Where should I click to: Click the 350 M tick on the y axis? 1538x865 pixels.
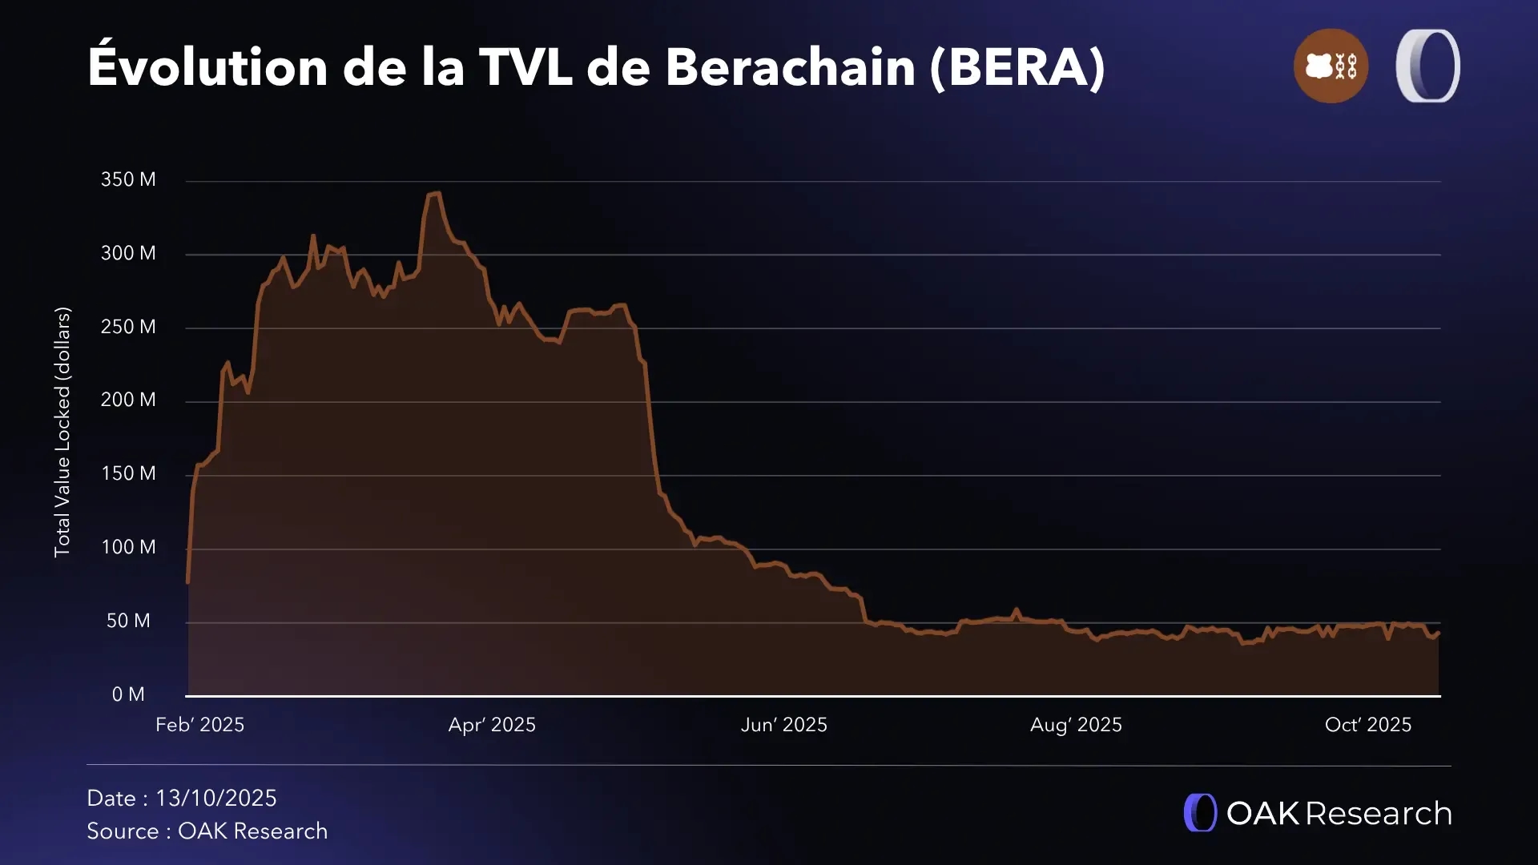pyautogui.click(x=128, y=179)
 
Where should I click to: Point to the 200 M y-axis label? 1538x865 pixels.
pyautogui.click(x=128, y=400)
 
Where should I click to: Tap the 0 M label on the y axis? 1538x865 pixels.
pyautogui.click(x=128, y=694)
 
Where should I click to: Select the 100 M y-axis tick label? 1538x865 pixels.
pyautogui.click(x=128, y=547)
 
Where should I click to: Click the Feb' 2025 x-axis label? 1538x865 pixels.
pyautogui.click(x=199, y=725)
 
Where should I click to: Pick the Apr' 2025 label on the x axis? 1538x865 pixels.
pyautogui.click(x=492, y=725)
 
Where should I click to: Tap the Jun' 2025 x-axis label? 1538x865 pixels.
pyautogui.click(x=783, y=725)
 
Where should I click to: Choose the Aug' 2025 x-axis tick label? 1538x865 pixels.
pyautogui.click(x=1076, y=725)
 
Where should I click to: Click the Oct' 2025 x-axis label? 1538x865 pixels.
pyautogui.click(x=1368, y=725)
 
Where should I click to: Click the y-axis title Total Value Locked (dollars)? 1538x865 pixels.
pyautogui.click(x=62, y=432)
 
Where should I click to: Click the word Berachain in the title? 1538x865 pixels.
pyautogui.click(x=790, y=66)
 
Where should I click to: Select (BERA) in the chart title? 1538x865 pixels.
pyautogui.click(x=1017, y=66)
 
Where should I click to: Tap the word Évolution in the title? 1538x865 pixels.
pyautogui.click(x=207, y=66)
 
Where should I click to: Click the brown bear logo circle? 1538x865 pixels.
pyautogui.click(x=1331, y=66)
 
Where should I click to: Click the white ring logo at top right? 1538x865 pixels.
pyautogui.click(x=1427, y=66)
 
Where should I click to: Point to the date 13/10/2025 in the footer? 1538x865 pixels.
pyautogui.click(x=215, y=799)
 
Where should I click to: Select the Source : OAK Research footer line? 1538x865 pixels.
pyautogui.click(x=207, y=831)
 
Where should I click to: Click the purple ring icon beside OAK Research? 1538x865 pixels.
pyautogui.click(x=1200, y=813)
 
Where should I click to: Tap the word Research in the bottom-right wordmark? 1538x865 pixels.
pyautogui.click(x=1378, y=814)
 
